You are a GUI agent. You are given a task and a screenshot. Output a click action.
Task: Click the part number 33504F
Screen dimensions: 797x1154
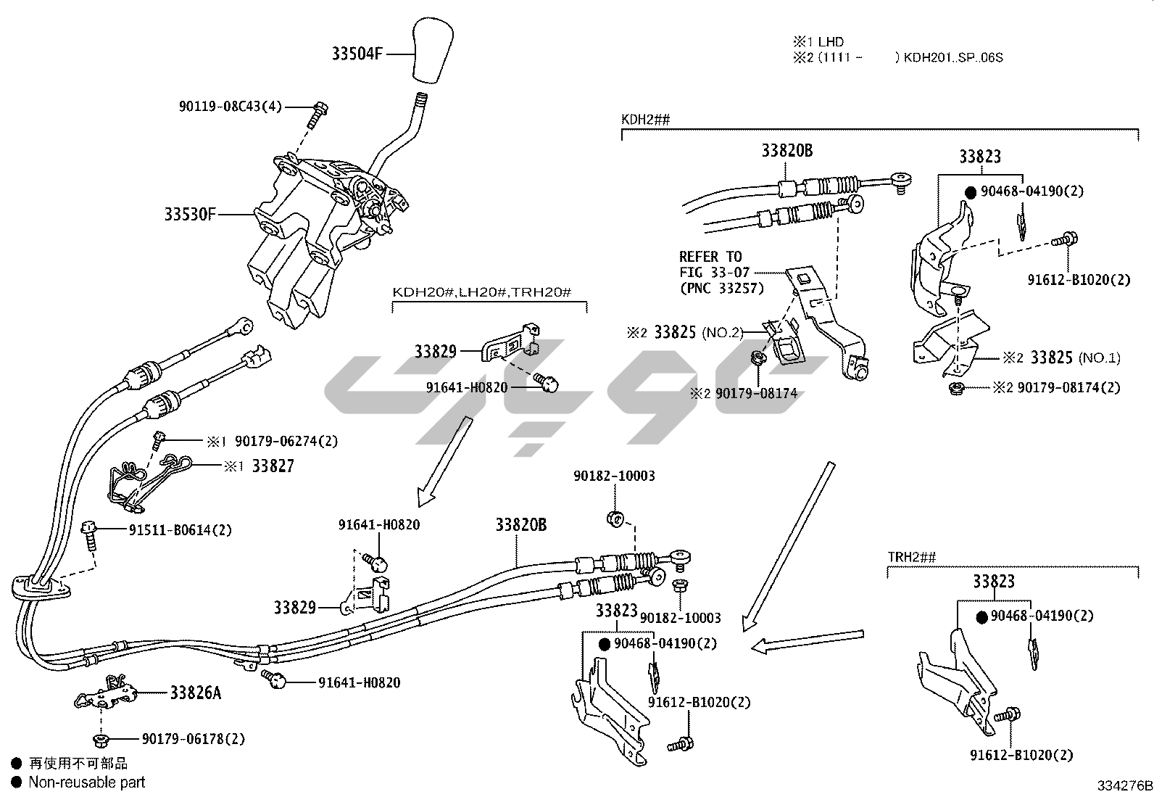coord(357,54)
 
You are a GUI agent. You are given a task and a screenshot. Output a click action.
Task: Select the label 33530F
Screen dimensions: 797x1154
coord(190,215)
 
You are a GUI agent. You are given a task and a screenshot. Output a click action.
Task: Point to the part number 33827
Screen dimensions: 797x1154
coord(273,466)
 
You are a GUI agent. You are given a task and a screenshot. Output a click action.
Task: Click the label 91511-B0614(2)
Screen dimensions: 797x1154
coord(180,530)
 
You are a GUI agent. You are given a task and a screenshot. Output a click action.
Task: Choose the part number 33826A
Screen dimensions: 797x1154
coord(196,693)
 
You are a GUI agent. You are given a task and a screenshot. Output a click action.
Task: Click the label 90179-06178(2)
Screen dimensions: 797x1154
coord(194,739)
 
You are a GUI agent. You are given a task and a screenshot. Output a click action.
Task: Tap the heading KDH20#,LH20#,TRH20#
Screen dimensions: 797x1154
coord(483,292)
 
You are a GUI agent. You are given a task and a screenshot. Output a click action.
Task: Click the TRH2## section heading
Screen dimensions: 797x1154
coord(912,557)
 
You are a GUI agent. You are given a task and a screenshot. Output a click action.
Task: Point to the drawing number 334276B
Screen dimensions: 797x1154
coord(1124,786)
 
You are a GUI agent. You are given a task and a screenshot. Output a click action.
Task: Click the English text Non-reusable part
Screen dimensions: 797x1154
coord(87,782)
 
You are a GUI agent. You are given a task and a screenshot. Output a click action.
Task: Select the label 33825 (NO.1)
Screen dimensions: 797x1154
coord(1074,358)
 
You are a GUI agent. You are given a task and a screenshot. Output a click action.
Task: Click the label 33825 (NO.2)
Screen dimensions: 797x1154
coord(699,333)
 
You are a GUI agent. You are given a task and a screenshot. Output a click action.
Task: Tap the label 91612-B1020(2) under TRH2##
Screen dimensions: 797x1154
coord(1021,755)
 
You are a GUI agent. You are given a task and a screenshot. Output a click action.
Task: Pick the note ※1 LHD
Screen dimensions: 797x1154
coord(819,42)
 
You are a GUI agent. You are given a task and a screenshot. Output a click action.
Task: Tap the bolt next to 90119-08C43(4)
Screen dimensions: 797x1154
coord(317,115)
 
